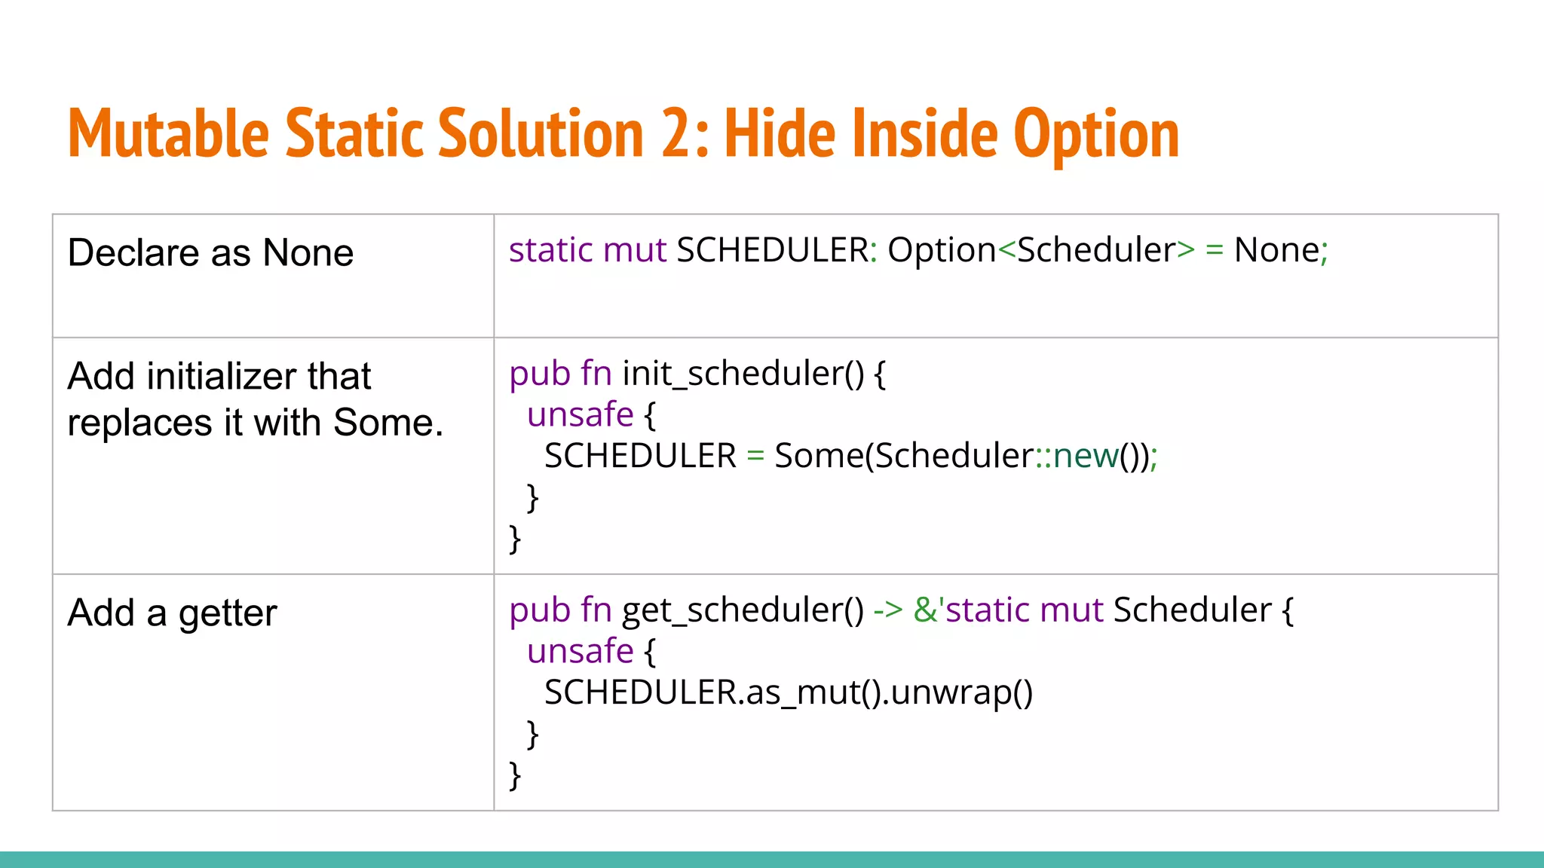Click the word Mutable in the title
168,134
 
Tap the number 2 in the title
677,134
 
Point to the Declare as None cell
210,252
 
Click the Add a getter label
172,613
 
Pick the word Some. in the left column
388,423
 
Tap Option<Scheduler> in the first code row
1040,250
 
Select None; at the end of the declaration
1280,250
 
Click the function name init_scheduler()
743,374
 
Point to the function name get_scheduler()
743,610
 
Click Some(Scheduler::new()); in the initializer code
965,456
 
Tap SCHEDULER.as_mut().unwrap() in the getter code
788,692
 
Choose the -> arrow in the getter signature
887,610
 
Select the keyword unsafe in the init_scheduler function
580,414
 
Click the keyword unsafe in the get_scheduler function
580,651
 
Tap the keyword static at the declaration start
551,250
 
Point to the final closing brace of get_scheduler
515,775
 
